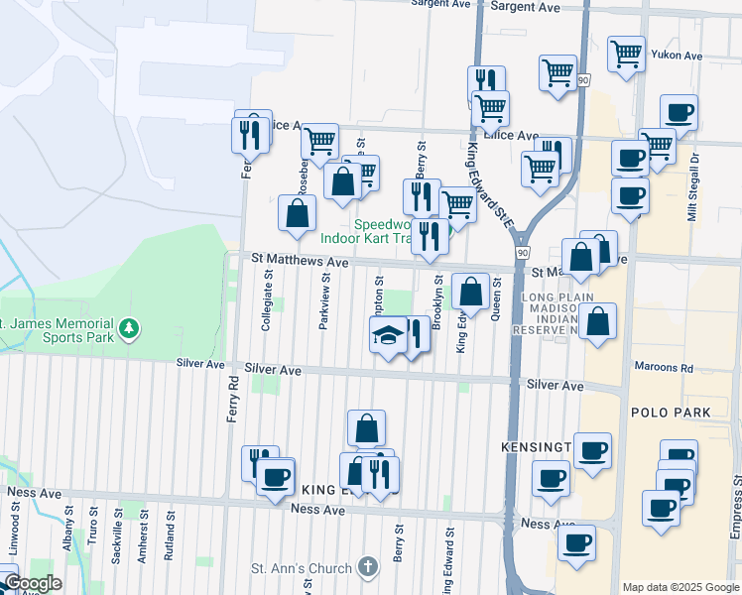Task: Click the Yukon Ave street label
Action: [680, 56]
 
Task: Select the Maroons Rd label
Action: [666, 368]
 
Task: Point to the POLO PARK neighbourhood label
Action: [666, 411]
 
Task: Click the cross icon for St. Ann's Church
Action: [367, 568]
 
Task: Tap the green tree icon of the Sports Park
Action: [127, 327]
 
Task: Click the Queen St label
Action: [496, 298]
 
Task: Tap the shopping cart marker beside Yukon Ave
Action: [626, 54]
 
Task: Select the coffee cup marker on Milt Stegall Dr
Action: [679, 112]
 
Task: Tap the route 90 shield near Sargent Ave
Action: [581, 79]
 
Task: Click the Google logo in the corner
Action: [33, 583]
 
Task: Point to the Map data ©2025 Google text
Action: [680, 587]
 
